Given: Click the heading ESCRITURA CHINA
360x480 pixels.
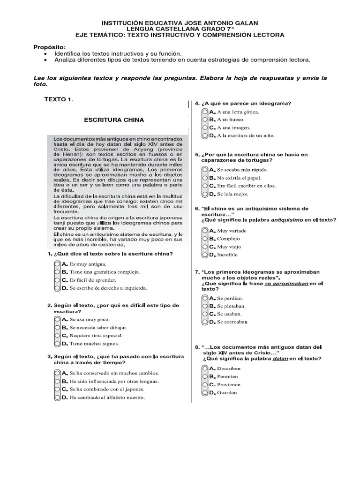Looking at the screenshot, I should (114, 120).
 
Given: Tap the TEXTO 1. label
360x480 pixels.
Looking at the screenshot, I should (59, 99).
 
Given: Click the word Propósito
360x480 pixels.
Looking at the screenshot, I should (49, 47).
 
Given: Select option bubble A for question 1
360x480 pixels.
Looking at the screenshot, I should (58, 264).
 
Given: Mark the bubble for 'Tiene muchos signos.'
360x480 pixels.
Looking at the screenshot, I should (58, 344).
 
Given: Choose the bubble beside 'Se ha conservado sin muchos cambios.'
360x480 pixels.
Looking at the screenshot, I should (58, 373).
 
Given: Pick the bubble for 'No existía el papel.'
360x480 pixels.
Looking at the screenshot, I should (205, 178).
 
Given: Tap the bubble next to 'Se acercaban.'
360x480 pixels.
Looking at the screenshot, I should (205, 322).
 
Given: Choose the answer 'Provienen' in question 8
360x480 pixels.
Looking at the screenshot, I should (227, 384).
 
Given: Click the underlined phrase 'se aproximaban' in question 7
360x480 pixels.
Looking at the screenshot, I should (286, 284).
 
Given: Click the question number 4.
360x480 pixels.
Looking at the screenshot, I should (196, 103).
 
